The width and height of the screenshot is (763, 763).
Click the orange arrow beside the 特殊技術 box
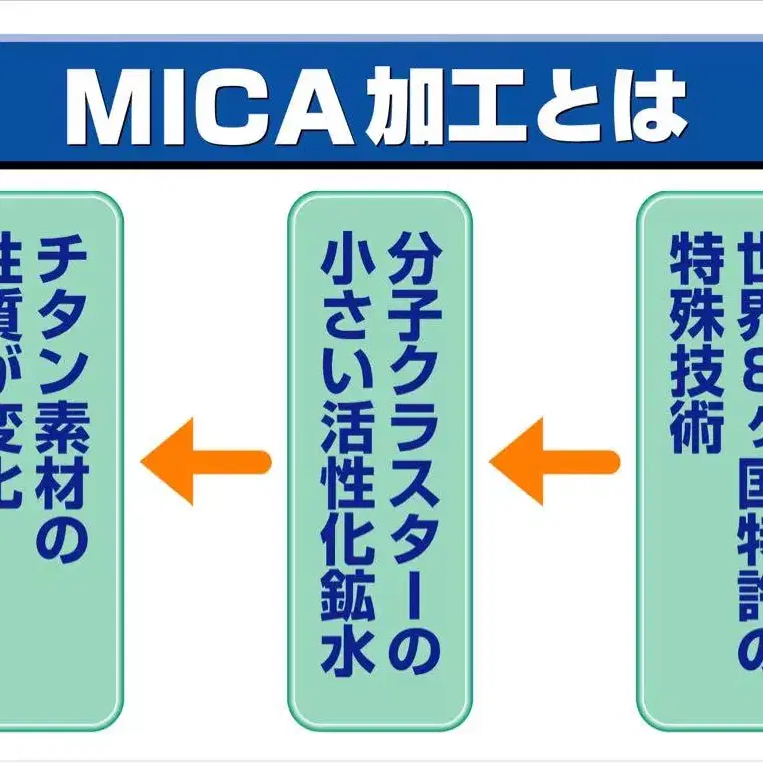[554, 461]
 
